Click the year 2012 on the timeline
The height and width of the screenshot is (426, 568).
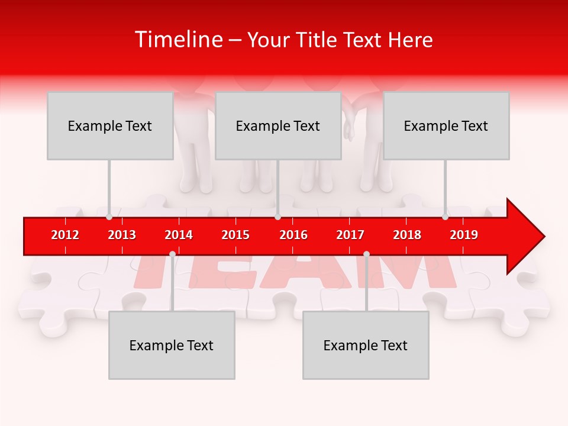[x=65, y=235]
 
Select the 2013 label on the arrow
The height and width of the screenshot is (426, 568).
[x=122, y=235]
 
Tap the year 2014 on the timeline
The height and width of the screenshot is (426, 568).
[x=179, y=235]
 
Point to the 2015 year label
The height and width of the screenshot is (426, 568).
[x=235, y=235]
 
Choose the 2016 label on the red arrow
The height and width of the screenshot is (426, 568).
[x=293, y=235]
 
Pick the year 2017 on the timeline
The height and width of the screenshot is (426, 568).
[x=350, y=235]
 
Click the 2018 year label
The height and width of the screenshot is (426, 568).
[x=407, y=235]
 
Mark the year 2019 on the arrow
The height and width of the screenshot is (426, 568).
[x=464, y=235]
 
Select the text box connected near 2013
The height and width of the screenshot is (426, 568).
[x=110, y=125]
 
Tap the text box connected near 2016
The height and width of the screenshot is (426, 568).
[x=278, y=125]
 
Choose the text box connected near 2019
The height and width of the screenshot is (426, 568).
[x=446, y=125]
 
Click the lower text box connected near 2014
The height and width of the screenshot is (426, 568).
[x=172, y=345]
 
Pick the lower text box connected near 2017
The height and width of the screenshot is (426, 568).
[x=366, y=345]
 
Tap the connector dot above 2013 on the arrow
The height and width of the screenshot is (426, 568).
[x=109, y=217]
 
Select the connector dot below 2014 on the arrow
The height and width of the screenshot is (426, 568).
[x=172, y=254]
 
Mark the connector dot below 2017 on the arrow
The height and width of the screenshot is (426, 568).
[x=366, y=254]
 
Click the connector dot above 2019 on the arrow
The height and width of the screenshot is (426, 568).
[x=445, y=217]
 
